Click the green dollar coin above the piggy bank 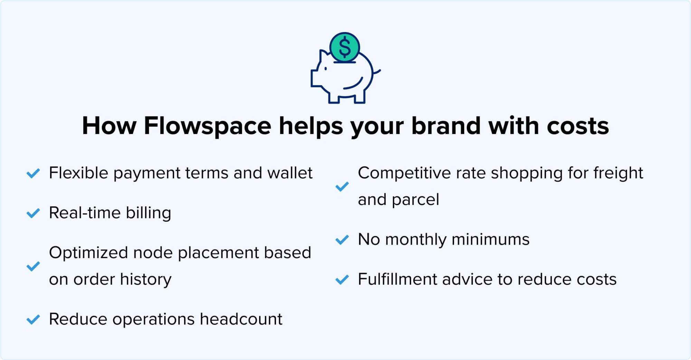[344, 47]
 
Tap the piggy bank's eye [325, 69]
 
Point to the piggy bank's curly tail [377, 72]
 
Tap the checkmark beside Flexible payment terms [33, 173]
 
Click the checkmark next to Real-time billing [33, 213]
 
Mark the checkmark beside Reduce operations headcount [33, 320]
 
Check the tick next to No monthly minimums [342, 240]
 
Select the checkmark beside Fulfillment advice [342, 280]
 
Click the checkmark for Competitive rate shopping [342, 187]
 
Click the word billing [148, 213]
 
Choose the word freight [618, 173]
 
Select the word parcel [415, 200]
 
